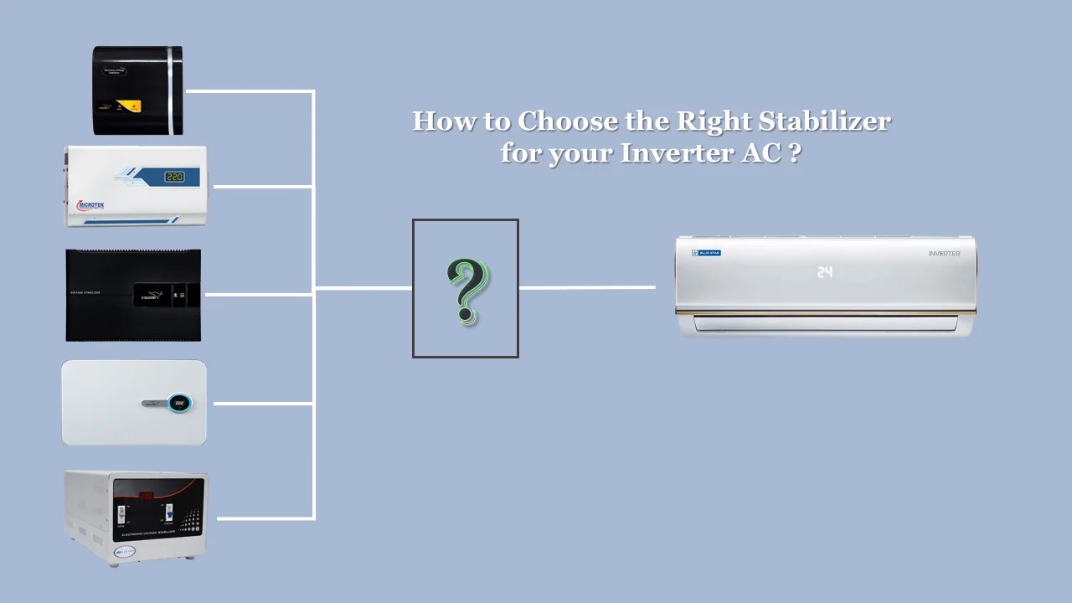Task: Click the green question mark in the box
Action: (467, 290)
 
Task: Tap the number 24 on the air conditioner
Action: (825, 272)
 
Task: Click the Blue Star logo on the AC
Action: (706, 253)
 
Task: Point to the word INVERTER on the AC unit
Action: (944, 253)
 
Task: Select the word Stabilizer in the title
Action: (824, 122)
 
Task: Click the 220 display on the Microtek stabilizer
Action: (174, 177)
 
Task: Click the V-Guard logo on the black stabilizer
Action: (151, 294)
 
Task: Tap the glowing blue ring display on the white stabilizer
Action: (180, 404)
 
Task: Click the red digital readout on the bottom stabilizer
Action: (147, 495)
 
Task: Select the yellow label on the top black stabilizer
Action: (129, 106)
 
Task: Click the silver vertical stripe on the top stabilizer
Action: (173, 90)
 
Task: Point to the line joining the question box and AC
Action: (586, 287)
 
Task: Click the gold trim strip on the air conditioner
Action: (826, 312)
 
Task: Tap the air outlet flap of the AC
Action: (826, 322)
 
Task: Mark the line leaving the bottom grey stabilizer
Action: (265, 518)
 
